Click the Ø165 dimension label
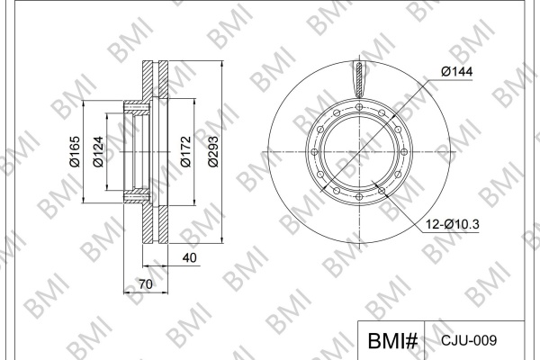(x=75, y=151)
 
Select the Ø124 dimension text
(x=98, y=151)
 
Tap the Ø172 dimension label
(x=185, y=151)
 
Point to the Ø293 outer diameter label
(x=213, y=151)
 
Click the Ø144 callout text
(x=457, y=72)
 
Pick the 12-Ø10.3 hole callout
(x=453, y=224)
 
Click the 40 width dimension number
(x=190, y=257)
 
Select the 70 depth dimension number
(x=146, y=284)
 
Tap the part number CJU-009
(x=469, y=340)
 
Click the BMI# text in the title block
(x=392, y=341)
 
